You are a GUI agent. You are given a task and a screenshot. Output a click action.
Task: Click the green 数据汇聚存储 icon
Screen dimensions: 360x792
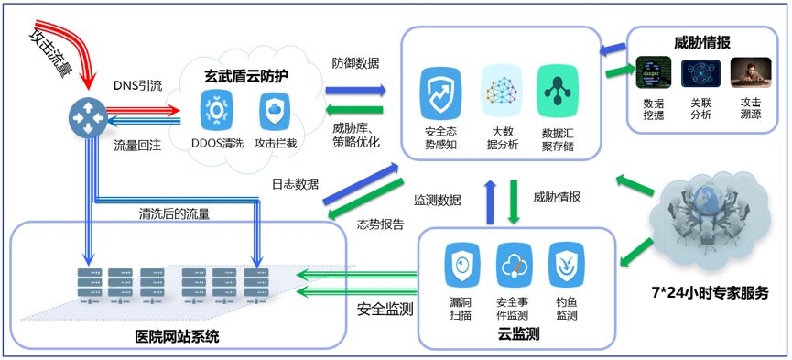[559, 89]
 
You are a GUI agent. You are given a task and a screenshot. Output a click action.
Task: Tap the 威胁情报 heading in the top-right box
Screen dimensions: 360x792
[701, 42]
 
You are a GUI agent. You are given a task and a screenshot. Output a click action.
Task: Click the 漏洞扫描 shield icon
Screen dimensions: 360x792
[461, 266]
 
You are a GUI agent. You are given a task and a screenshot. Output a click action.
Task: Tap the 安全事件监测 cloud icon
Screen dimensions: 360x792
[514, 266]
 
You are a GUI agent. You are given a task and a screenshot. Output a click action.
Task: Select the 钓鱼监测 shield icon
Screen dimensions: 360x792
[566, 266]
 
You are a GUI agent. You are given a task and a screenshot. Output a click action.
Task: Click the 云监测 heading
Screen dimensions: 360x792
[514, 334]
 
